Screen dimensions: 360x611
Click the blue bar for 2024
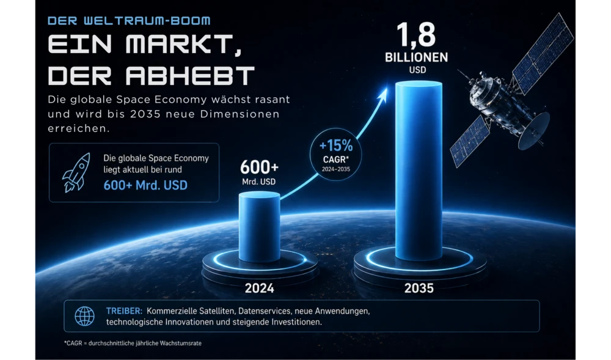259,226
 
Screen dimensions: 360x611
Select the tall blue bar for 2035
419,171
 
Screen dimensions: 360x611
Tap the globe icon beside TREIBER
84,316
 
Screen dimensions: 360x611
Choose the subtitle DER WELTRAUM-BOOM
129,21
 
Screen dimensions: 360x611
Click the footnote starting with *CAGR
133,343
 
